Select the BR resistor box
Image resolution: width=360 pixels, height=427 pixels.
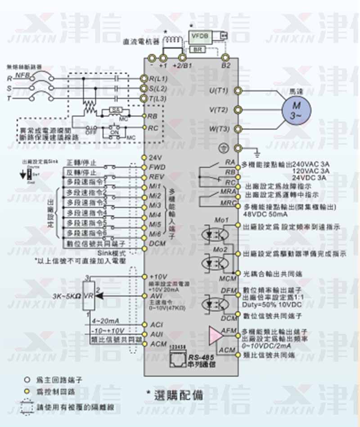pos(198,49)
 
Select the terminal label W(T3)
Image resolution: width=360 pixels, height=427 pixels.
pos(219,129)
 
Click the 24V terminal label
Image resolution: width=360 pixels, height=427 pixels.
pos(155,158)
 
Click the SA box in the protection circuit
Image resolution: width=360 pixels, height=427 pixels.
pos(114,109)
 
